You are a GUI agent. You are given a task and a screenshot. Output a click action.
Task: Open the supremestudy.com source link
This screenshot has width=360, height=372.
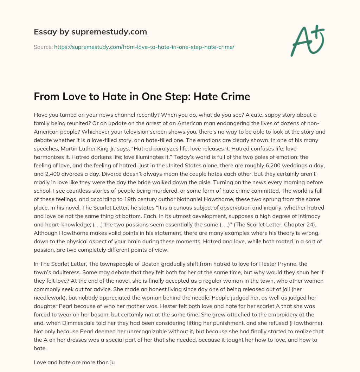click(144, 47)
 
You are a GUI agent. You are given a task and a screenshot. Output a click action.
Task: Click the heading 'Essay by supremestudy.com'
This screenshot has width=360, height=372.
click(90, 32)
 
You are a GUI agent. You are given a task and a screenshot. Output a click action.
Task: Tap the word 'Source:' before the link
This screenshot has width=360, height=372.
click(43, 47)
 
